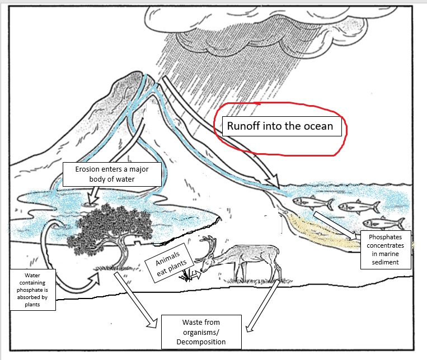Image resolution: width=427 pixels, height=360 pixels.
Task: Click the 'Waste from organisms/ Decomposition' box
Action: pos(201,331)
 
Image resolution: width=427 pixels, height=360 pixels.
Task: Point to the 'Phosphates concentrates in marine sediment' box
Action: pos(386,248)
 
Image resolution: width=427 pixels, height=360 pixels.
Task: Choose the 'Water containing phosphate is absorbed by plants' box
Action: pos(33,290)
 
